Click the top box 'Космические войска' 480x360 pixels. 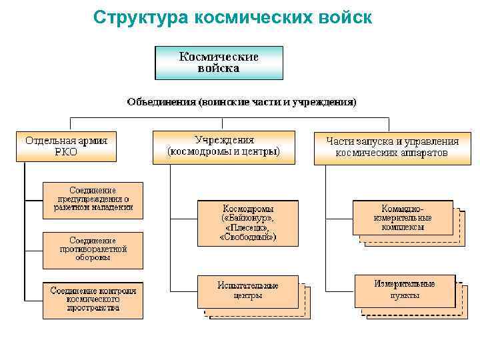pos(219,63)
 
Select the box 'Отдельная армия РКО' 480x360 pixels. pos(66,146)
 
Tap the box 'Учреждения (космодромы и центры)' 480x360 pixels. pos(223,146)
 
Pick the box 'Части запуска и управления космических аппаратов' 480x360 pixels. pos(392,147)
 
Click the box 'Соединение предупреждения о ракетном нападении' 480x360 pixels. pos(93,199)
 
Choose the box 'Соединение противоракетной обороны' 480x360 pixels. pos(93,249)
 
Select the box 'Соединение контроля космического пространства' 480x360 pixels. pos(93,299)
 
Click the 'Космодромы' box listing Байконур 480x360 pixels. pos(247,222)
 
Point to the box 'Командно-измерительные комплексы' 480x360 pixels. pos(403,217)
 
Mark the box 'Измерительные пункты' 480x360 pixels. pos(405,289)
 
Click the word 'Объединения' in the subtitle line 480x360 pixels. pos(161,102)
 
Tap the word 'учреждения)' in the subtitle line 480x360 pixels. pos(328,102)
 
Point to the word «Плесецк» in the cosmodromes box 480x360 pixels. pos(247,227)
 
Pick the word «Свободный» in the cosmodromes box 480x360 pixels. pos(247,237)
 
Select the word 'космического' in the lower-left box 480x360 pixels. pos(93,299)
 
